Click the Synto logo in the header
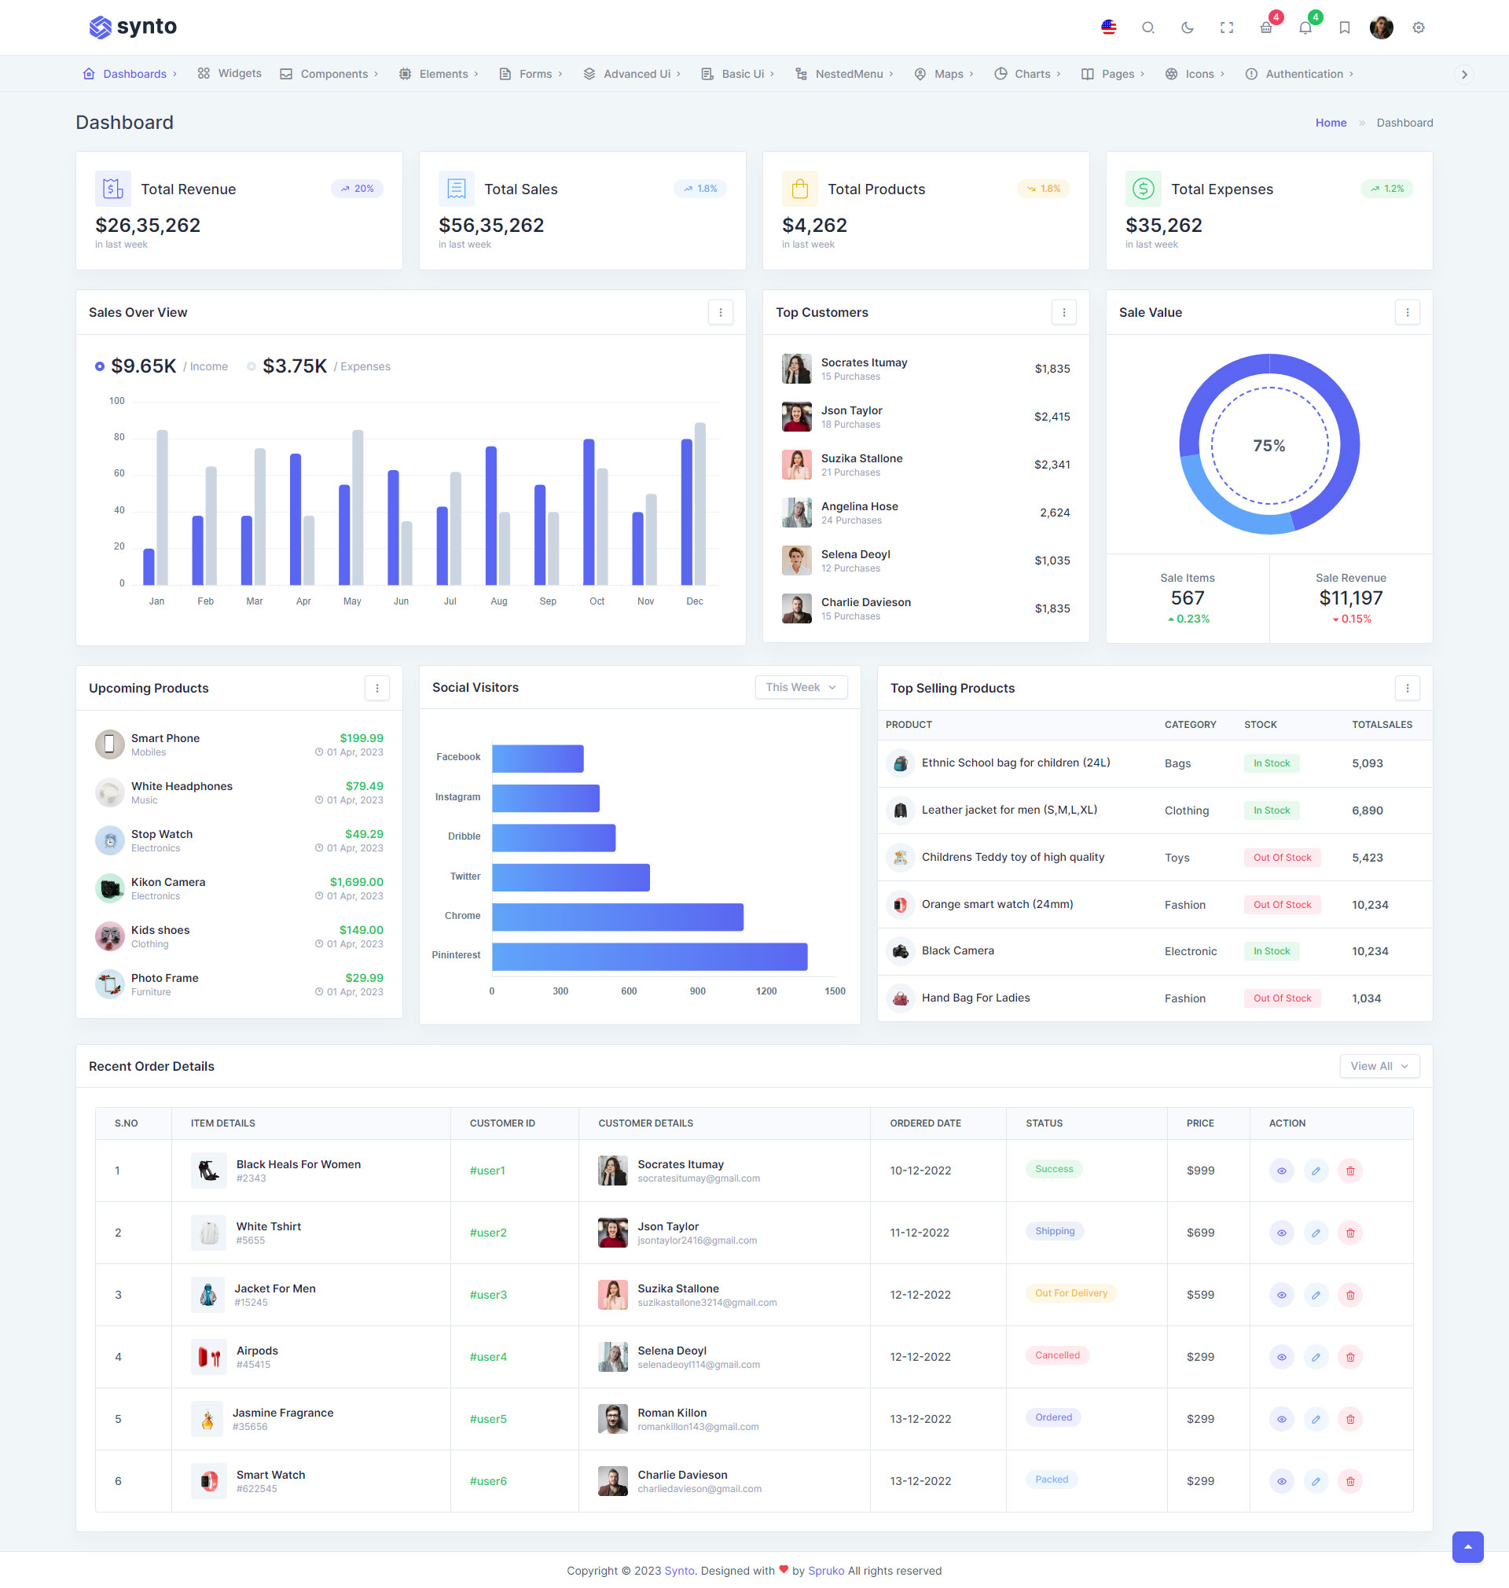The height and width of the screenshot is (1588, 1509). pyautogui.click(x=133, y=27)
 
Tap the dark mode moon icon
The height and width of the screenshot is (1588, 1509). pyautogui.click(x=1188, y=28)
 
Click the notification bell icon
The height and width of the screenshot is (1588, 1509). pyautogui.click(x=1305, y=28)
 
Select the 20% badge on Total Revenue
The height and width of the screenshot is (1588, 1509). pyautogui.click(x=357, y=189)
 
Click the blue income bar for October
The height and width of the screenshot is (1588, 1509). pyautogui.click(x=589, y=512)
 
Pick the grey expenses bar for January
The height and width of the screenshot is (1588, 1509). pyautogui.click(x=162, y=507)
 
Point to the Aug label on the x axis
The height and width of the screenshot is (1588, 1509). pyautogui.click(x=499, y=601)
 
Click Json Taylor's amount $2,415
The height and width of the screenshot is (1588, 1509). pyautogui.click(x=1052, y=417)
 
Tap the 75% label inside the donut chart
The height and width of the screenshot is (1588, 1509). pyautogui.click(x=1269, y=446)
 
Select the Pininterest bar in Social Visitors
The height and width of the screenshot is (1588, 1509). pyautogui.click(x=649, y=957)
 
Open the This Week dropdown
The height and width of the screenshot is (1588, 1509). pyautogui.click(x=800, y=687)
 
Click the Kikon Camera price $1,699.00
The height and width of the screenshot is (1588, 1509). pyautogui.click(x=356, y=882)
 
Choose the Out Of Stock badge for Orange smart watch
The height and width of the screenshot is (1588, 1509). pyautogui.click(x=1281, y=904)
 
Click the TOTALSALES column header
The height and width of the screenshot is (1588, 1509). pyautogui.click(x=1381, y=725)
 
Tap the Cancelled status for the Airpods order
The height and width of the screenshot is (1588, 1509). pyautogui.click(x=1057, y=1355)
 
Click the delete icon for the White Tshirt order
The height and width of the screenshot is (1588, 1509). pyautogui.click(x=1349, y=1233)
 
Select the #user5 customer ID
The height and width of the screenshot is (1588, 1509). pyautogui.click(x=488, y=1419)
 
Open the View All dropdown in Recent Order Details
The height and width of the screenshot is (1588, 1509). pyautogui.click(x=1379, y=1066)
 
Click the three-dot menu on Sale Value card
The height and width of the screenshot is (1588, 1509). pyautogui.click(x=1407, y=312)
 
